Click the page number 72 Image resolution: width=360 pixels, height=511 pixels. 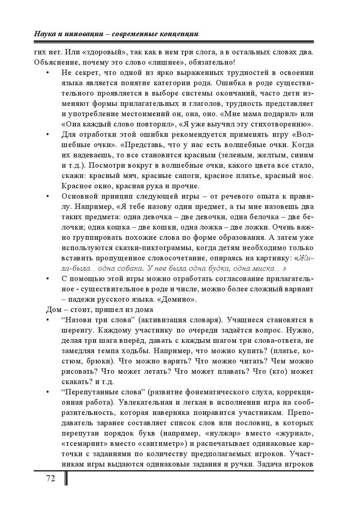51,478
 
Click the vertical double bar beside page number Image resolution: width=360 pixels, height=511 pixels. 66,478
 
